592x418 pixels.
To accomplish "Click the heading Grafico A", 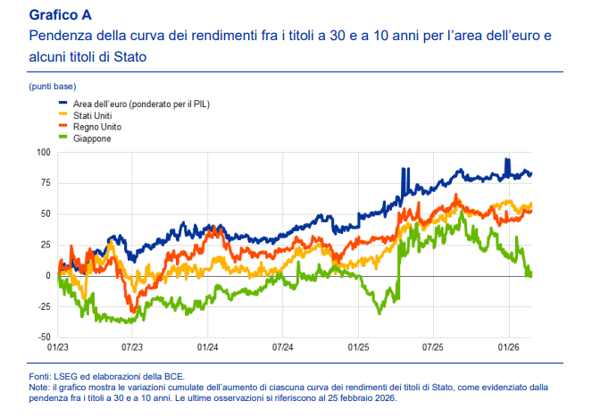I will [61, 15].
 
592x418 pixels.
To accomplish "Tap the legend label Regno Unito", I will [96, 128].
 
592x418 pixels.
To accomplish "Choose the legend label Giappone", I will [92, 139].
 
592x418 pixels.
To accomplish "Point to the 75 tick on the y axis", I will [45, 183].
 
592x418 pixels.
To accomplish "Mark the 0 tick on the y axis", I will [47, 275].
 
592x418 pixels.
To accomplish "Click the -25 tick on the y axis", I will [43, 306].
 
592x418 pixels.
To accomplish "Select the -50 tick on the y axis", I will [43, 338].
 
